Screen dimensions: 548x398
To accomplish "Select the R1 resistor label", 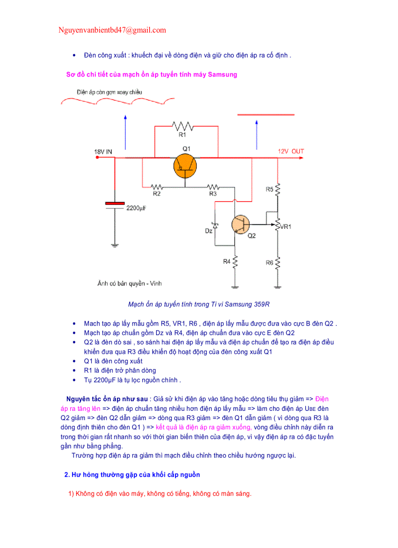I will (182, 135).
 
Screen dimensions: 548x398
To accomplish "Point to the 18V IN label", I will (103, 152).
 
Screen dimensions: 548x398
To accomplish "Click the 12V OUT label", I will (291, 152).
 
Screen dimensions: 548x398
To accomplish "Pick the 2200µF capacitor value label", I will (137, 208).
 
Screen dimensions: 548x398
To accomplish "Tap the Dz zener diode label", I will (209, 230).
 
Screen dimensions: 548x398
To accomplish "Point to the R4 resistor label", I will (227, 262).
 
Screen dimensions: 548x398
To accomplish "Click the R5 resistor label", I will (269, 189).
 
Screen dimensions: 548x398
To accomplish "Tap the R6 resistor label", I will (269, 263).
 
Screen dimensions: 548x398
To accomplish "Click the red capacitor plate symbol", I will (115, 203).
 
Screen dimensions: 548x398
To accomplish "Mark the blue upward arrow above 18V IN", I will (126, 132).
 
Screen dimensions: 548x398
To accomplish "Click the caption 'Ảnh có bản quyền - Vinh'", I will (129, 283).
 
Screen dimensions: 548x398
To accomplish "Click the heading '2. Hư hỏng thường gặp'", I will (132, 475).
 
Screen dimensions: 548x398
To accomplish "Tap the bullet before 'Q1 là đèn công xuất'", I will (74, 361).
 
